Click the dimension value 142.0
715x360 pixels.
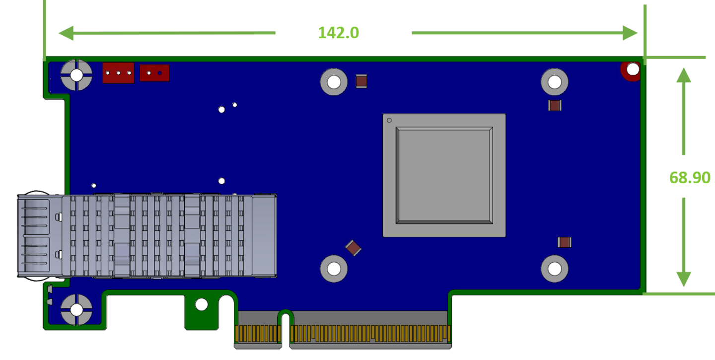338,33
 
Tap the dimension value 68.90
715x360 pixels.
690,177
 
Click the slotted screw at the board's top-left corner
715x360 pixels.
76,75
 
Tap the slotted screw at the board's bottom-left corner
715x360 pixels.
76,310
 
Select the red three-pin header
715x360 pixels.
118,73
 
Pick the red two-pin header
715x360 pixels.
154,73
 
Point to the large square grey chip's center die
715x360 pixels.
444,175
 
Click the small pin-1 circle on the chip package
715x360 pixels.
389,120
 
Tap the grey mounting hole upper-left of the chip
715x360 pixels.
334,81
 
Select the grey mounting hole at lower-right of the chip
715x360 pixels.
555,269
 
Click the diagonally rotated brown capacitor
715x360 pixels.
353,248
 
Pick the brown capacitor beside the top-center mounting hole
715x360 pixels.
361,81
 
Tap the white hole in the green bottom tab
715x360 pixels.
202,304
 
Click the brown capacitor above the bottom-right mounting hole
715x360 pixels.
565,242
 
